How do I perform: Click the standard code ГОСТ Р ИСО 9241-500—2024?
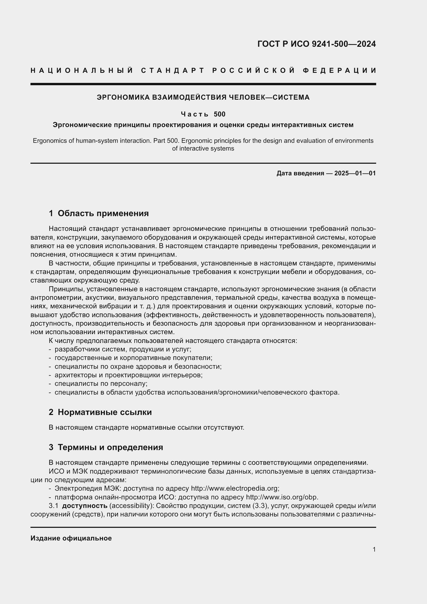pyautogui.click(x=316, y=44)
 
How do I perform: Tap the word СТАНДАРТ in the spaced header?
pyautogui.click(x=172, y=70)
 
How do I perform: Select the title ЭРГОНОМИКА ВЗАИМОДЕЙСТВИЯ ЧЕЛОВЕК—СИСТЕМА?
pyautogui.click(x=203, y=97)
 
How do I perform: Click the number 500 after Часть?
pyautogui.click(x=219, y=114)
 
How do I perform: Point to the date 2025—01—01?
pyautogui.click(x=355, y=173)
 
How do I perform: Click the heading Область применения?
pyautogui.click(x=103, y=213)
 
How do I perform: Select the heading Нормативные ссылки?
pyautogui.click(x=105, y=412)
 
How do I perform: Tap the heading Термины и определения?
pyautogui.click(x=110, y=447)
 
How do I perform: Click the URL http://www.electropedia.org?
pyautogui.click(x=234, y=488)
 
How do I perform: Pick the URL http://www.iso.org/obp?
pyautogui.click(x=282, y=497)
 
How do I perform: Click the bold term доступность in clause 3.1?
pyautogui.click(x=85, y=506)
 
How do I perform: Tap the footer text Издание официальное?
pyautogui.click(x=71, y=538)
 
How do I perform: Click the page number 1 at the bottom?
pyautogui.click(x=374, y=549)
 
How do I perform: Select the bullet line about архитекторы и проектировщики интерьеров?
pyautogui.click(x=129, y=375)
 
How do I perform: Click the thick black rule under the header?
pyautogui.click(x=203, y=84)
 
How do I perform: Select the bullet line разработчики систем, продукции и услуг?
pyautogui.click(x=123, y=349)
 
